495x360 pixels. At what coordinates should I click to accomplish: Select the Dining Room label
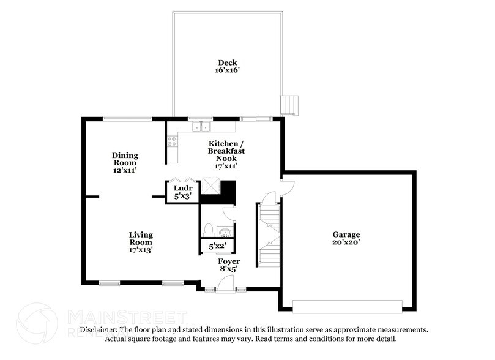(125, 159)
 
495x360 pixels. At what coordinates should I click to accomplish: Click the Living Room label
(141, 238)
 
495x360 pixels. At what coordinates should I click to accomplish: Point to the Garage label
(346, 234)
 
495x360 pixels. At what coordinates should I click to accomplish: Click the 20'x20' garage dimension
(346, 242)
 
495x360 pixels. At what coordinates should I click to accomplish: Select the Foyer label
(229, 261)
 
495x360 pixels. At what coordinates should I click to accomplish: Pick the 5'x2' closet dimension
(217, 247)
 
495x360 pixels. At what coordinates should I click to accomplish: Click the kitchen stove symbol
(172, 144)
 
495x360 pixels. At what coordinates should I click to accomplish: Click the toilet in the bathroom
(209, 230)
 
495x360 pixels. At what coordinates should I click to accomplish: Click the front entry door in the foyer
(225, 283)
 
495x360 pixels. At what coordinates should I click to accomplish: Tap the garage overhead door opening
(347, 306)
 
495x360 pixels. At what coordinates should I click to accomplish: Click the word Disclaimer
(100, 330)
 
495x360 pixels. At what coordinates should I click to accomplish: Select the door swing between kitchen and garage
(287, 185)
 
